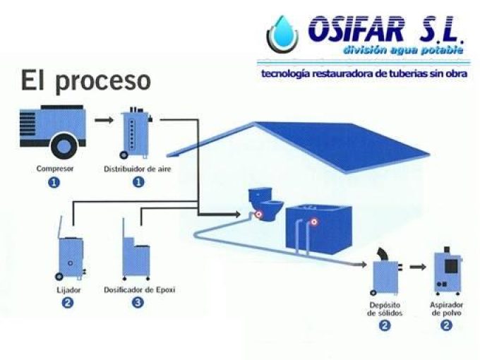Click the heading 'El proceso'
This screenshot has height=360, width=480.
pos(85,80)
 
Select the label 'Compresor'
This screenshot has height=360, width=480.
pos(55,169)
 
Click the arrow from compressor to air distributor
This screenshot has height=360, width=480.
pos(104,119)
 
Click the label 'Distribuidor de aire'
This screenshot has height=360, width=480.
pos(138,169)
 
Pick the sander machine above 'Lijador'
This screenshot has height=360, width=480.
pos(70,251)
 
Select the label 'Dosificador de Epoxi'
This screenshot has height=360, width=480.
pos(139,289)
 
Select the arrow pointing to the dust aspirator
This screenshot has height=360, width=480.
pos(418,268)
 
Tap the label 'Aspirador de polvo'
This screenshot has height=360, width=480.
pos(446,308)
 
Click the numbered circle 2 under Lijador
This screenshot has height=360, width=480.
pos(68,303)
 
